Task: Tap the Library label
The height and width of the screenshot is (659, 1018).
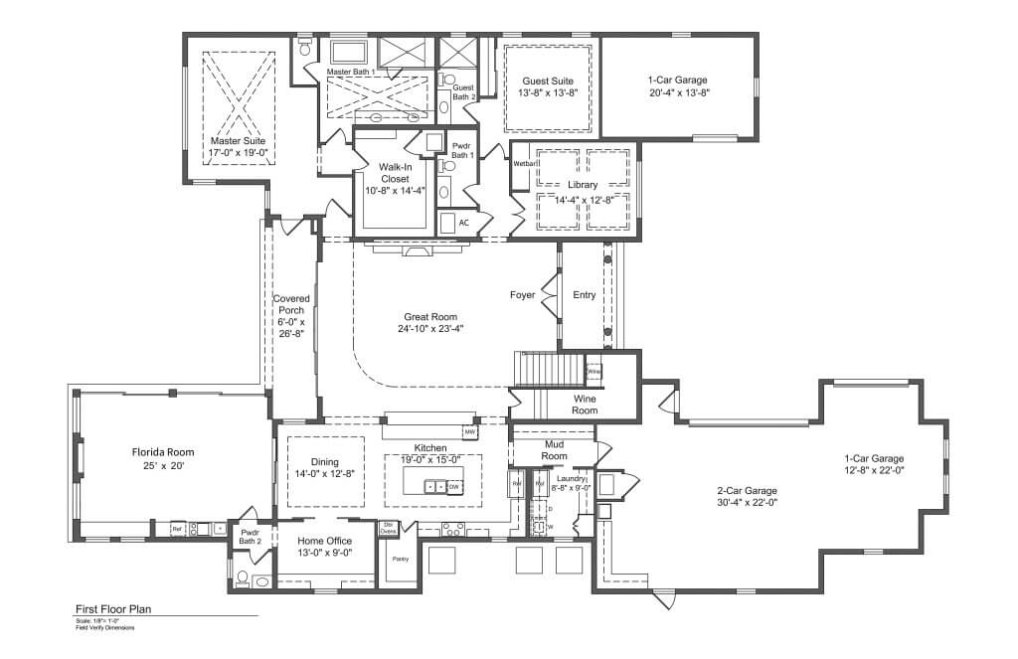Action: [583, 185]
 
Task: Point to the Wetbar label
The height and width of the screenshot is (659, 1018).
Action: [524, 163]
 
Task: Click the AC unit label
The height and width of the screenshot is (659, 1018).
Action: [463, 223]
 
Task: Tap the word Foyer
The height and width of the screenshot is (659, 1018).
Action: [523, 295]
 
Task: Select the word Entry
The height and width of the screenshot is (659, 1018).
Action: [584, 295]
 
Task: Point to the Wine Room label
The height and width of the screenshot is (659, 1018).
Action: [585, 404]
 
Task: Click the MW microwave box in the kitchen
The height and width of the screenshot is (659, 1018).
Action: [470, 432]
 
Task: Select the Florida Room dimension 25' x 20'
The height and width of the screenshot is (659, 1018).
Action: [160, 464]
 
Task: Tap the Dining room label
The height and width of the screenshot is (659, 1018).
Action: [324, 462]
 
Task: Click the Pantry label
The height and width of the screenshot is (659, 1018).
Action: [401, 559]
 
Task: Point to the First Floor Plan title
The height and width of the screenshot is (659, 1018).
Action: [113, 610]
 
